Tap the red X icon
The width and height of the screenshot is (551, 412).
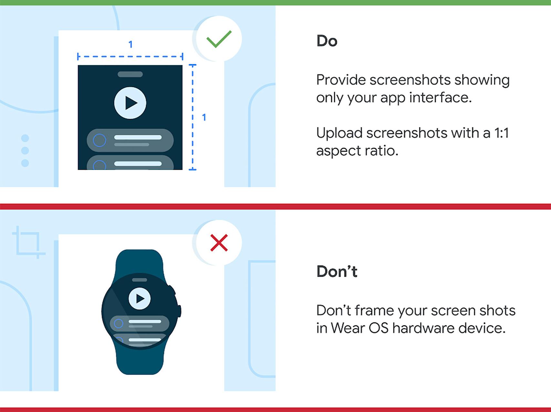tap(219, 243)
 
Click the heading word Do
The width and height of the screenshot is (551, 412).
tap(327, 41)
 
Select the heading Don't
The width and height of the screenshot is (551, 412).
tap(337, 271)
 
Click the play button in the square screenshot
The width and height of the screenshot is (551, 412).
tap(130, 103)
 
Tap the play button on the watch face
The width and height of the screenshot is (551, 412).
tap(140, 298)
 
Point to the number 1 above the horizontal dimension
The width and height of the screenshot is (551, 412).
tap(130, 44)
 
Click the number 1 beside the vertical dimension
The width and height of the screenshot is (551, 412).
tap(204, 117)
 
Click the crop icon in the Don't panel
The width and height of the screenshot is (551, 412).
tap(28, 242)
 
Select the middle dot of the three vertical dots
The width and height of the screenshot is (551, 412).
tap(25, 151)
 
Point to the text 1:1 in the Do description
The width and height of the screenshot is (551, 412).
tap(501, 133)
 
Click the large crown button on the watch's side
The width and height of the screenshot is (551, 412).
tap(179, 311)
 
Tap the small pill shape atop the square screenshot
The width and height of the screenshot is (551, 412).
tap(130, 74)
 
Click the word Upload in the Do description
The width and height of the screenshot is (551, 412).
tap(339, 133)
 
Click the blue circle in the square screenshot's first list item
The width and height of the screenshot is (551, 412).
tap(99, 140)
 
